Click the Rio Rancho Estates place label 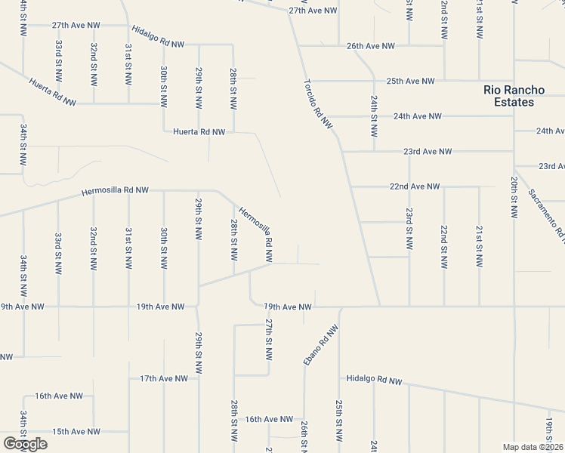click(x=509, y=96)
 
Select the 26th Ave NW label click(x=370, y=46)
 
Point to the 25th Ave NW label click(x=410, y=81)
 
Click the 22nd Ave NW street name click(x=413, y=186)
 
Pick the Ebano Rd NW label click(x=321, y=346)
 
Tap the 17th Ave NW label click(x=164, y=378)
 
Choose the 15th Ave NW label click(x=76, y=432)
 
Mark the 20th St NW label click(x=514, y=198)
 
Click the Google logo click(x=25, y=444)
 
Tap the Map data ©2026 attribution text click(x=533, y=447)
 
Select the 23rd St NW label click(x=409, y=229)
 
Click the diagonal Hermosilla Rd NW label click(x=255, y=230)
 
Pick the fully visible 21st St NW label click(x=479, y=245)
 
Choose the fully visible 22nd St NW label click(x=444, y=245)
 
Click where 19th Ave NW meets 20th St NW click(x=514, y=307)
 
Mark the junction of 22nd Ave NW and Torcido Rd click(x=350, y=186)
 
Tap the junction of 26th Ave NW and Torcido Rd click(x=298, y=46)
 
